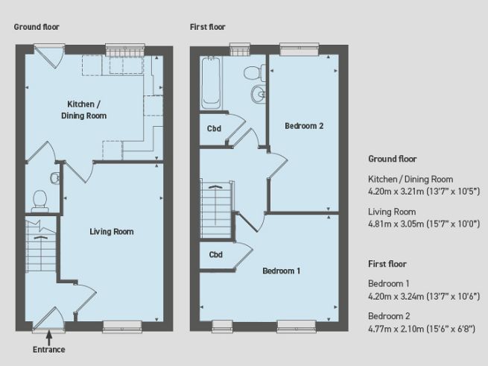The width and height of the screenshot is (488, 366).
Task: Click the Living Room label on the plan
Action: pos(112,232)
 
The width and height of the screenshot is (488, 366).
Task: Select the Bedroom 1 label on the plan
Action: pos(281,271)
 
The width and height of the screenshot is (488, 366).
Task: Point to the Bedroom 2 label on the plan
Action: pos(304,126)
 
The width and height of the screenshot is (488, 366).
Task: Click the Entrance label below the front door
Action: pos(49,350)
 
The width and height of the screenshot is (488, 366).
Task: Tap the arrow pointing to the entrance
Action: pos(49,337)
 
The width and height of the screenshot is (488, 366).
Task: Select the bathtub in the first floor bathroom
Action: pos(211,84)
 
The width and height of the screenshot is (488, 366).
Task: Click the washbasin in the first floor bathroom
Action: pos(259,94)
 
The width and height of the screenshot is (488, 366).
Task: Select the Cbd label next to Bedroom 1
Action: pos(215,255)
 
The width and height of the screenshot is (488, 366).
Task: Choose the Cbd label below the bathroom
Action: pos(214,128)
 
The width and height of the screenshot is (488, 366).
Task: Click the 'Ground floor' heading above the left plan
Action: pos(37,27)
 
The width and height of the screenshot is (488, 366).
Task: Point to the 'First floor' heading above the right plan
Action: pos(208,27)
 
